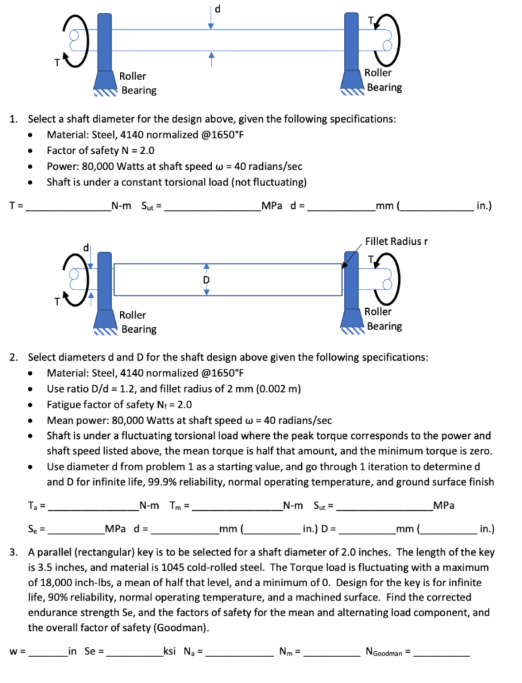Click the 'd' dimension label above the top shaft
[x=214, y=8]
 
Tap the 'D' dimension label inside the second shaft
[x=207, y=280]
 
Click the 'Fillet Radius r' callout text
[x=395, y=241]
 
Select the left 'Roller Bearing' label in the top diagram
[x=137, y=83]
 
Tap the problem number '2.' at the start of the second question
[x=14, y=357]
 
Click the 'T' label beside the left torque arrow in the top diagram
[x=58, y=64]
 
